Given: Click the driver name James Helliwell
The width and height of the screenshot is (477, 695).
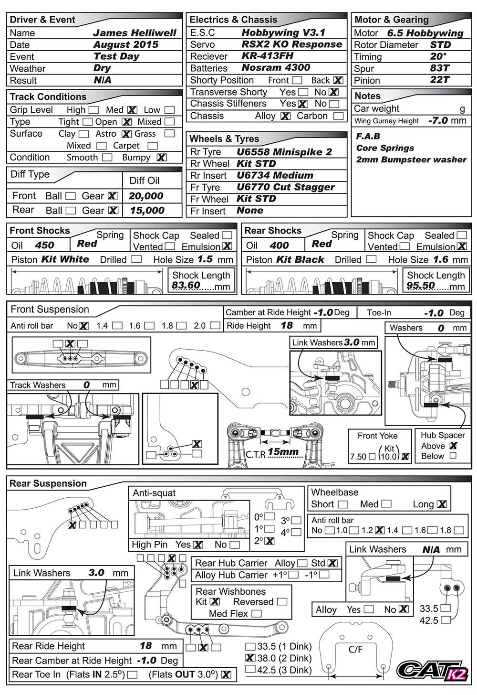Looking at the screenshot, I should (x=135, y=33).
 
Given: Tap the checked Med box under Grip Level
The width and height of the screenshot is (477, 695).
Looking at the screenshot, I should (x=132, y=110).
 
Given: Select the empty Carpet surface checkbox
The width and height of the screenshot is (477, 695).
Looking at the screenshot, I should (x=153, y=146).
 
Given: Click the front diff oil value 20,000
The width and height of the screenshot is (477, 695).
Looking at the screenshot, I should (x=146, y=196).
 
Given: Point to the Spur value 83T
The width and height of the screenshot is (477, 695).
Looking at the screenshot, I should (x=439, y=68).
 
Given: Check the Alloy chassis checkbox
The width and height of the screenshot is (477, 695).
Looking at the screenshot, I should (x=285, y=116).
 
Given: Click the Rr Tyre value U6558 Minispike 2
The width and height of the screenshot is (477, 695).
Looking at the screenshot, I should (x=284, y=152).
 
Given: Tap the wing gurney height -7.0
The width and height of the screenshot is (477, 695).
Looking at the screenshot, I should (x=438, y=120).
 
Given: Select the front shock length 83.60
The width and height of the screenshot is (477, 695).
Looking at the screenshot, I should (x=186, y=286).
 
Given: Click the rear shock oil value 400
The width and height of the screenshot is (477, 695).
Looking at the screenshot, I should (x=279, y=246).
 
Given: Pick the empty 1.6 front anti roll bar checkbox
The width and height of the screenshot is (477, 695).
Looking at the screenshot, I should (x=149, y=326).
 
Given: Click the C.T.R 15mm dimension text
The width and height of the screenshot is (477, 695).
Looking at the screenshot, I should (x=283, y=451).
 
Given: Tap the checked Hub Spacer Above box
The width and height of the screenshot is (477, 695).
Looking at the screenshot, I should (x=453, y=446).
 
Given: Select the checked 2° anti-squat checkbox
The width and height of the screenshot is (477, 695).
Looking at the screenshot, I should (x=270, y=541).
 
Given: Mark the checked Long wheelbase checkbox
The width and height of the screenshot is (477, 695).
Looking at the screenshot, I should (x=442, y=504).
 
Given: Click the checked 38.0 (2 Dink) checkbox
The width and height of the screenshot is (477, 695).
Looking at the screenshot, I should (x=250, y=658).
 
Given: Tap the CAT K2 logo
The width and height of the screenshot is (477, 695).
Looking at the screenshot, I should (x=433, y=670).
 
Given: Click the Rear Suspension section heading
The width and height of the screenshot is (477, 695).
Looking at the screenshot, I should (x=48, y=483).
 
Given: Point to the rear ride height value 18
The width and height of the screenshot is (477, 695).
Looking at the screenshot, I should (x=145, y=646).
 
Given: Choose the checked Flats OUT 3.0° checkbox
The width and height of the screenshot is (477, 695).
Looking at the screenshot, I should (x=226, y=675).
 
